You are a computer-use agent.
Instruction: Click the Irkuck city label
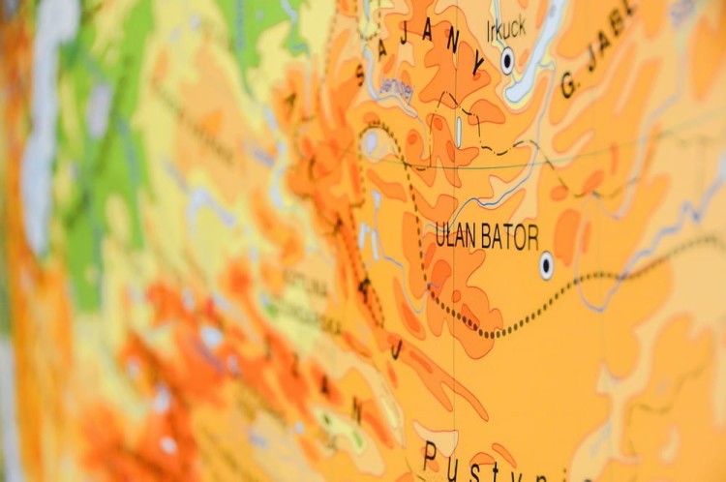[506, 28]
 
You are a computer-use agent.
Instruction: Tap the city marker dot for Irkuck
[507, 61]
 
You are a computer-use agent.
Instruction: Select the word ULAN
[456, 235]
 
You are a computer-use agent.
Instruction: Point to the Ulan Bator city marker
[547, 263]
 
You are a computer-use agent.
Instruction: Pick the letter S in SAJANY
[360, 75]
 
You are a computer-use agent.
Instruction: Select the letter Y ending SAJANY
[476, 66]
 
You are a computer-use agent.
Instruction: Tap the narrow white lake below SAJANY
[459, 131]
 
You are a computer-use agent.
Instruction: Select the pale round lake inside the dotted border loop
[370, 143]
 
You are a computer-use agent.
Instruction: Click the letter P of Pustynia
[429, 454]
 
